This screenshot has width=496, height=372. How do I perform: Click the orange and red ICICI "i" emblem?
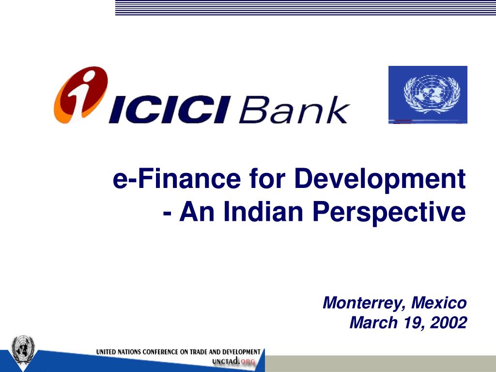(81, 94)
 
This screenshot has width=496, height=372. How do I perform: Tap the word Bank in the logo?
(294, 109)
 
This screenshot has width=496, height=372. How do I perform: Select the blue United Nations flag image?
(428, 94)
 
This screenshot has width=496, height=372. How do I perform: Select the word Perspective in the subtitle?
(389, 213)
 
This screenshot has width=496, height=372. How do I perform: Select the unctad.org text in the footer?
(233, 361)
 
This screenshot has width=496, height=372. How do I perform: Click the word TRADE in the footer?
(198, 352)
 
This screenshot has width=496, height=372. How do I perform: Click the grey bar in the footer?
(380, 364)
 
